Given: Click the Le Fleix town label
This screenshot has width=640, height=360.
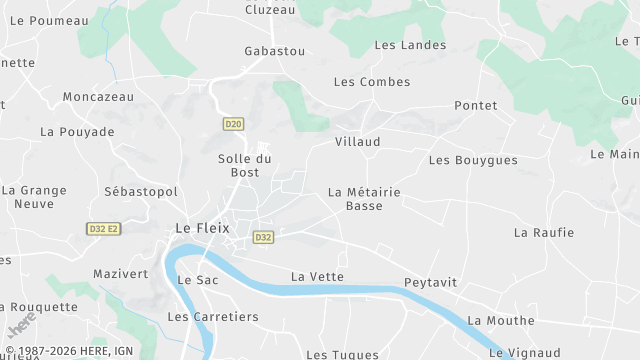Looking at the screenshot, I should (202, 228).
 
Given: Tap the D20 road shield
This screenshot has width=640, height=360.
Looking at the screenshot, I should (233, 124).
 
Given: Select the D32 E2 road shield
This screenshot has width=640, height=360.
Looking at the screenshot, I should (103, 229).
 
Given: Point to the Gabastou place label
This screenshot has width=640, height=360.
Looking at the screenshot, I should (275, 50).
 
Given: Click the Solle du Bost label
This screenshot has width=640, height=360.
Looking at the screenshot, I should (245, 166).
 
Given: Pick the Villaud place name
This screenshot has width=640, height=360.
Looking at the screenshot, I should (357, 142).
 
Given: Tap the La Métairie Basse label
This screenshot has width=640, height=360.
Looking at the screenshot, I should (364, 198).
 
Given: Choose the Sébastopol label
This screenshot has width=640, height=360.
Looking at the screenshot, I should (140, 191).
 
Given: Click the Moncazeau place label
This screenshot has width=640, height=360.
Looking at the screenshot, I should (99, 97).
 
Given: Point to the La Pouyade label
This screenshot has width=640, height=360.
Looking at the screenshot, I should (77, 131).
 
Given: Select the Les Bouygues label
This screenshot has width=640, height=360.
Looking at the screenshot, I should (473, 160).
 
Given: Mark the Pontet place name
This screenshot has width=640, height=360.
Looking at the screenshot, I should (475, 105).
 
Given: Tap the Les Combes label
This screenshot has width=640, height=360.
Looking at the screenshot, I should (371, 81).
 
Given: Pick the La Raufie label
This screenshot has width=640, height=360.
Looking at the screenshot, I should (544, 232).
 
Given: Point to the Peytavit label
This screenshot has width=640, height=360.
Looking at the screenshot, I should (430, 283).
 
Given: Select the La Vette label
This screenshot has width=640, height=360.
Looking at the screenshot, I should (317, 276).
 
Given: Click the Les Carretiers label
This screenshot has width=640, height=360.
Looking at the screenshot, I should (213, 317).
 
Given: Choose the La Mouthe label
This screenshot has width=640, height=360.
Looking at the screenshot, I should (501, 320).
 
